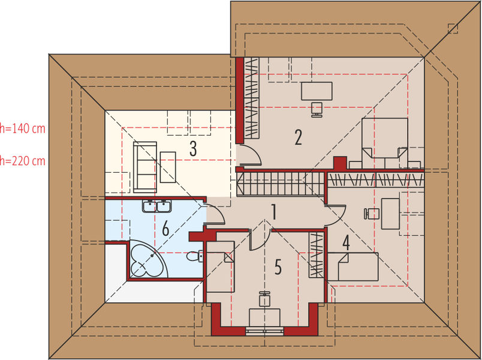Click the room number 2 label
[298, 137]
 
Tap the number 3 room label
[192, 148]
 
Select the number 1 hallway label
[273, 212]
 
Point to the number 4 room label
[346, 243]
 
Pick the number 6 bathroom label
[165, 229]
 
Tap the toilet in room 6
[194, 256]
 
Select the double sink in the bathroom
[158, 207]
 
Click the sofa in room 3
[144, 166]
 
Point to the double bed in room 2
[384, 137]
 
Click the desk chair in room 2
[317, 108]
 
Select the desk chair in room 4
[371, 212]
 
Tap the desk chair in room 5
[264, 298]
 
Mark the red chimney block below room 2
[340, 163]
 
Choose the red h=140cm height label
[23, 128]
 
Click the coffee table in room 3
[168, 167]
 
